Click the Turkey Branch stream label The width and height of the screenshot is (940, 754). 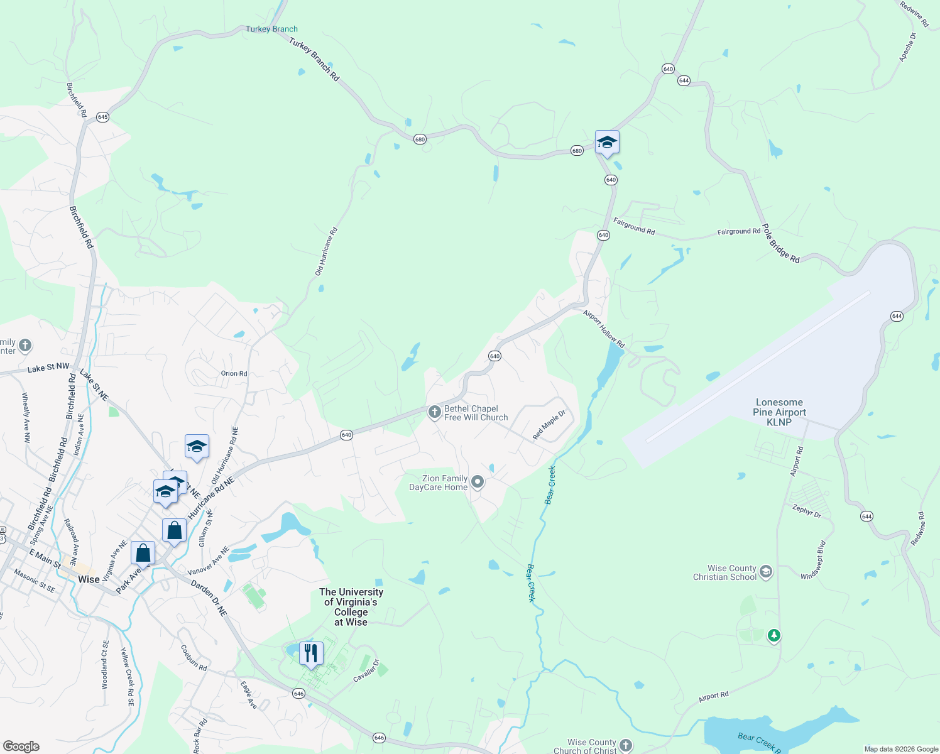[x=271, y=29]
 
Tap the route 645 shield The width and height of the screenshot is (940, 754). [x=103, y=117]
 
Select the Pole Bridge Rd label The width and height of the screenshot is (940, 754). [x=780, y=243]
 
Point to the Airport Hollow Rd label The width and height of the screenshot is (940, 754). [x=604, y=329]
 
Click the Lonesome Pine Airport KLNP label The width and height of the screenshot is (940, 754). [x=779, y=412]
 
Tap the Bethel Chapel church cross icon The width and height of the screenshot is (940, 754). [x=434, y=413]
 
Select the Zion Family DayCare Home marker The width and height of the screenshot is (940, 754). [x=478, y=482]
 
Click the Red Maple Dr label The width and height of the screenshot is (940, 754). [x=549, y=425]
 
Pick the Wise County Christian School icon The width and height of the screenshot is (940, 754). [x=765, y=572]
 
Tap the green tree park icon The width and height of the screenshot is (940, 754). [x=774, y=636]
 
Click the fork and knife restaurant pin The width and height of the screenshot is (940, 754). [x=311, y=653]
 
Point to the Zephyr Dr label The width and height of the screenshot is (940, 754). [x=807, y=511]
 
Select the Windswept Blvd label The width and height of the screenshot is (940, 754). [x=814, y=560]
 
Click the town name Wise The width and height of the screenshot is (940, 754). [x=89, y=579]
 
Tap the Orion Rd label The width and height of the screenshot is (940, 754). [x=234, y=373]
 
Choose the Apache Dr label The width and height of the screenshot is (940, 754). [x=908, y=47]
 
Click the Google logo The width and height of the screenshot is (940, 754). [x=21, y=746]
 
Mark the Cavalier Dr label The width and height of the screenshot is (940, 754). [x=368, y=670]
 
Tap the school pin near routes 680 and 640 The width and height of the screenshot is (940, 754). [x=607, y=143]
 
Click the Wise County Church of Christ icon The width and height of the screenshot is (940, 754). [x=626, y=745]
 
